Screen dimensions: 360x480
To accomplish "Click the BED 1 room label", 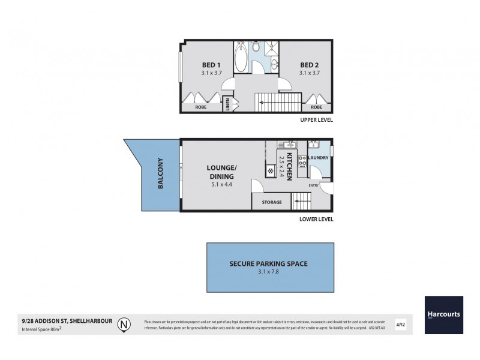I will [x=208, y=65].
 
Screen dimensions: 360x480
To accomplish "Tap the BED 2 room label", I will [x=309, y=65].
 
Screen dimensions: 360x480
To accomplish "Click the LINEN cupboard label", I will [x=228, y=104].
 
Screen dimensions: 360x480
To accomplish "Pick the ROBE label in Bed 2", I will [x=316, y=107].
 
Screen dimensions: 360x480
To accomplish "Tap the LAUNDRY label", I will [x=317, y=158].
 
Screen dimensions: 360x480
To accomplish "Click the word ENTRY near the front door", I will [x=313, y=185].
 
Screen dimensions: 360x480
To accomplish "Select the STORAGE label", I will [x=272, y=202].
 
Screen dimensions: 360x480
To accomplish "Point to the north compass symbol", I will [x=124, y=325].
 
